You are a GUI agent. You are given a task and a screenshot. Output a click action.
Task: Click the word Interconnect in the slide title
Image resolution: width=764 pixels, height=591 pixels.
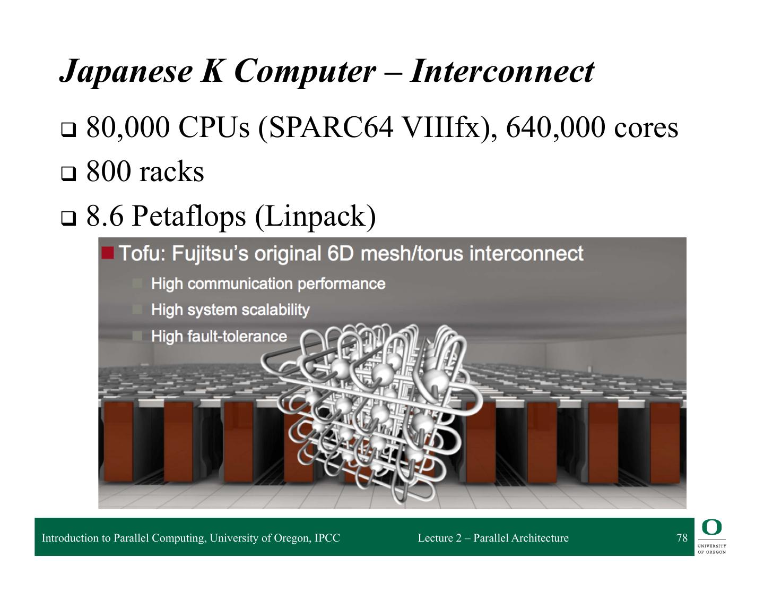point(501,71)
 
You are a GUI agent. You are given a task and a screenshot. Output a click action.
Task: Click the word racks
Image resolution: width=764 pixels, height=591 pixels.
point(171,172)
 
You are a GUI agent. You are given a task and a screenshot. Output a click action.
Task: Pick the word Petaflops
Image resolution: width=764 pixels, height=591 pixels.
point(192,216)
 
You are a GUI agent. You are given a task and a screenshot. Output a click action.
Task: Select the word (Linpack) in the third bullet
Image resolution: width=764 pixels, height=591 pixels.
point(315,216)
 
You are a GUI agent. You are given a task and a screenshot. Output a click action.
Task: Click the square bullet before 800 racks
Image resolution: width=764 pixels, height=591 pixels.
point(68,173)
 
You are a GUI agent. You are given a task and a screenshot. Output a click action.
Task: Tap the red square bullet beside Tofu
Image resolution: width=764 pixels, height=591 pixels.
point(107,253)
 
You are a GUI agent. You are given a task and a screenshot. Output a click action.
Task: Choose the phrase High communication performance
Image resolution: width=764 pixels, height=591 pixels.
point(268,284)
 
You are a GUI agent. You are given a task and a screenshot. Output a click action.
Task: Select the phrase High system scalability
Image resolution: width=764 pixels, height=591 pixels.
point(230,310)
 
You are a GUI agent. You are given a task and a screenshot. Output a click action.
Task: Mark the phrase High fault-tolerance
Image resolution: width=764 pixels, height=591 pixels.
point(219,336)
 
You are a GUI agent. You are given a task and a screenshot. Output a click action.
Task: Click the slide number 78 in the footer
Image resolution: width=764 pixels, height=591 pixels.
point(682,538)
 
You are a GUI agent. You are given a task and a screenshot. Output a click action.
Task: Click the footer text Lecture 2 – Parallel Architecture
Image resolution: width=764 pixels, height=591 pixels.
point(493,538)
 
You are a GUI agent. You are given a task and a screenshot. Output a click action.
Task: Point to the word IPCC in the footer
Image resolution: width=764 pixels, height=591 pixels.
point(327,538)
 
